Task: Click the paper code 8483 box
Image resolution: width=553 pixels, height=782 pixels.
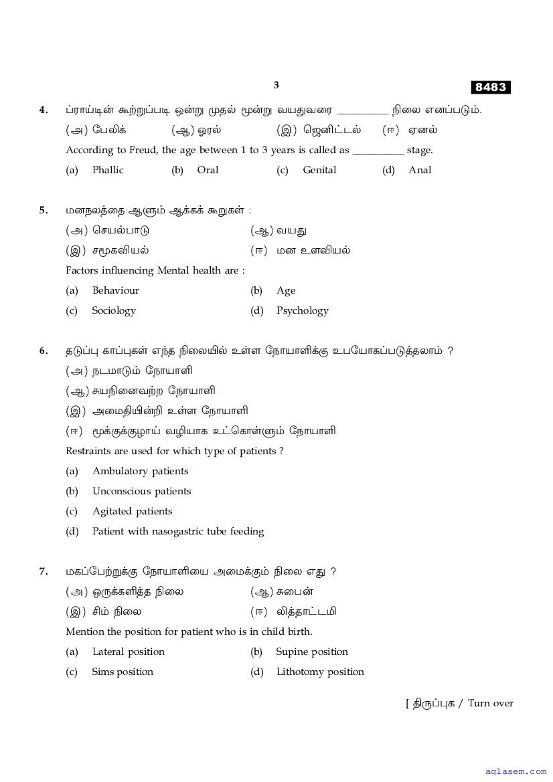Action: [x=491, y=88]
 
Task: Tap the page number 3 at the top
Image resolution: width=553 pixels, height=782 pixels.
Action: [x=276, y=85]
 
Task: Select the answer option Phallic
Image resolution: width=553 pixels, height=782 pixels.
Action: [x=108, y=170]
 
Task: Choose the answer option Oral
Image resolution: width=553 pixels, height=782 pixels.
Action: [x=208, y=170]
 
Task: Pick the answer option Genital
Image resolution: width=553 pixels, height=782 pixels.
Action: [x=319, y=170]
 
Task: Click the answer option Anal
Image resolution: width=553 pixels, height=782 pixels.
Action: [x=420, y=170]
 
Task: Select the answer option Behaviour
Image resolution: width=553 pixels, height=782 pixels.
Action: [x=116, y=290]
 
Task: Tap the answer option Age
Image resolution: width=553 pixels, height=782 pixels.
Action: [x=286, y=290]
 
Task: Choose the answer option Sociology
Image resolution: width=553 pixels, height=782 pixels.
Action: [x=114, y=310]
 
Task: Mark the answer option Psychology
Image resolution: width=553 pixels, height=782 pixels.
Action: [x=303, y=310]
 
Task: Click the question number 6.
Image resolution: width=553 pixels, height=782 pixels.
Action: [x=44, y=351]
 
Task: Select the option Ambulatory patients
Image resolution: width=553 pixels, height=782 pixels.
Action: [x=141, y=471]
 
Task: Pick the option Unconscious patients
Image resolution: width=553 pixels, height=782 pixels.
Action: [x=142, y=491]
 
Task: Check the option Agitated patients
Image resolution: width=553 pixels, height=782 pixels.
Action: [x=133, y=511]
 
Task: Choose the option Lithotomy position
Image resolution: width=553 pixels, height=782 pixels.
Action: [x=320, y=672]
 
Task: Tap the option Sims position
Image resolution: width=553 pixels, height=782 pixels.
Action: [x=123, y=672]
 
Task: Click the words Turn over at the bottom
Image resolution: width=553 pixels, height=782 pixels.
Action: [x=491, y=703]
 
